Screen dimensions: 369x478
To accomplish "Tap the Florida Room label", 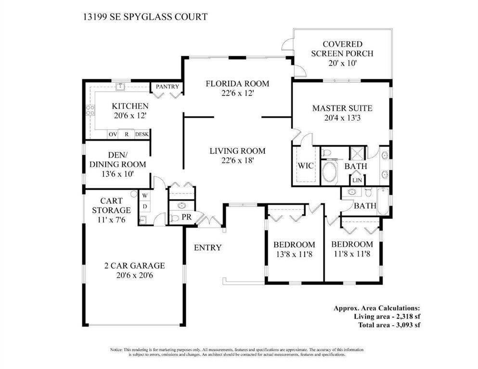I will tap(237, 84).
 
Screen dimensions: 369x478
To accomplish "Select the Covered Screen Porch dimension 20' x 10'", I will tap(342, 63).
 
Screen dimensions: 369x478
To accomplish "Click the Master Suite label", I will tap(342, 109).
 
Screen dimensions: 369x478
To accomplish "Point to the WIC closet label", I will tap(306, 166).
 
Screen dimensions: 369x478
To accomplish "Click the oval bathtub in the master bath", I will tap(330, 172).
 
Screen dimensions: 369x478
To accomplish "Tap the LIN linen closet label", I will tap(357, 181).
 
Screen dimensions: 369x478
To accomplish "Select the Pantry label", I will tap(167, 87).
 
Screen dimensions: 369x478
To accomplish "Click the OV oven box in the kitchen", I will tap(113, 135).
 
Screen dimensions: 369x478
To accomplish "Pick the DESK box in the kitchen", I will tap(142, 135).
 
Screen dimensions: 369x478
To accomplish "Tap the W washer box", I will tap(144, 196).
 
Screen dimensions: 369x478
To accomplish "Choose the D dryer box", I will tap(144, 207).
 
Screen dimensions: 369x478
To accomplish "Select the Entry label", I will tap(207, 248).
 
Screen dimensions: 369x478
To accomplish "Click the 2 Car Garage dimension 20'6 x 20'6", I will tap(134, 276).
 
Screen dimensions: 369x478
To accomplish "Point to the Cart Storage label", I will tap(111, 206).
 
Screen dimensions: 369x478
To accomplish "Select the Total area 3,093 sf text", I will tap(388, 325).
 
